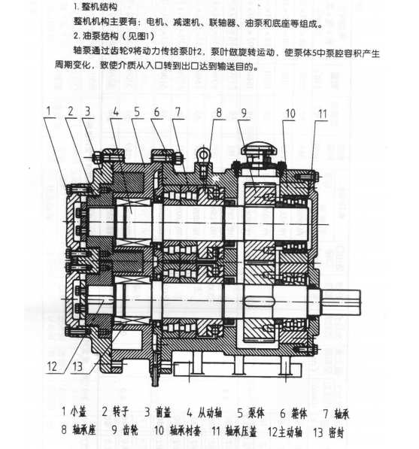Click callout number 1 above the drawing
click(49, 111)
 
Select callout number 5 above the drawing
click(137, 111)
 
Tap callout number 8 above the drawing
click(219, 113)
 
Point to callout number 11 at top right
click(323, 114)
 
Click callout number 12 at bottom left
click(52, 366)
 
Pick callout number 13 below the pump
click(77, 366)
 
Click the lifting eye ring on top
click(204, 155)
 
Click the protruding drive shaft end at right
click(340, 302)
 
